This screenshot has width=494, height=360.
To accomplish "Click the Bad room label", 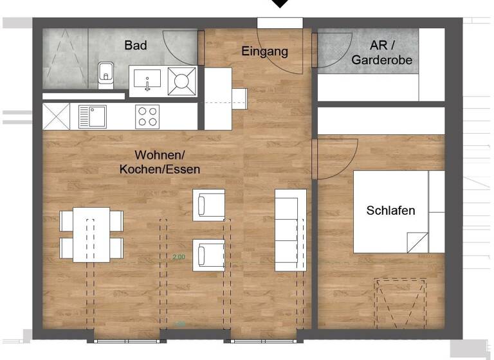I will (x=136, y=46).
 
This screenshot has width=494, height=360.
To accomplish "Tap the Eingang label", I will (x=264, y=51).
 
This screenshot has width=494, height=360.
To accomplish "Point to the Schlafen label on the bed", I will (x=390, y=210).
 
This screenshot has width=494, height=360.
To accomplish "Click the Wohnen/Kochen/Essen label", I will (x=160, y=163).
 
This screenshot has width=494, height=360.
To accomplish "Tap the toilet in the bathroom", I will (x=104, y=75).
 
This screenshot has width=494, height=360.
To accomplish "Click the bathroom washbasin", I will (x=147, y=82).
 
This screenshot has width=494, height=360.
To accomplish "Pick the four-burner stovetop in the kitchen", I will (x=147, y=117).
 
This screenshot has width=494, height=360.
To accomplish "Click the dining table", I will (x=91, y=234).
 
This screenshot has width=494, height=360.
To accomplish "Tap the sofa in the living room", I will (x=290, y=230).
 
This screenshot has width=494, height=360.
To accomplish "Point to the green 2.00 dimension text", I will (x=179, y=256).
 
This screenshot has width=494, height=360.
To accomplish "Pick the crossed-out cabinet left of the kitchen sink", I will (x=56, y=117).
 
